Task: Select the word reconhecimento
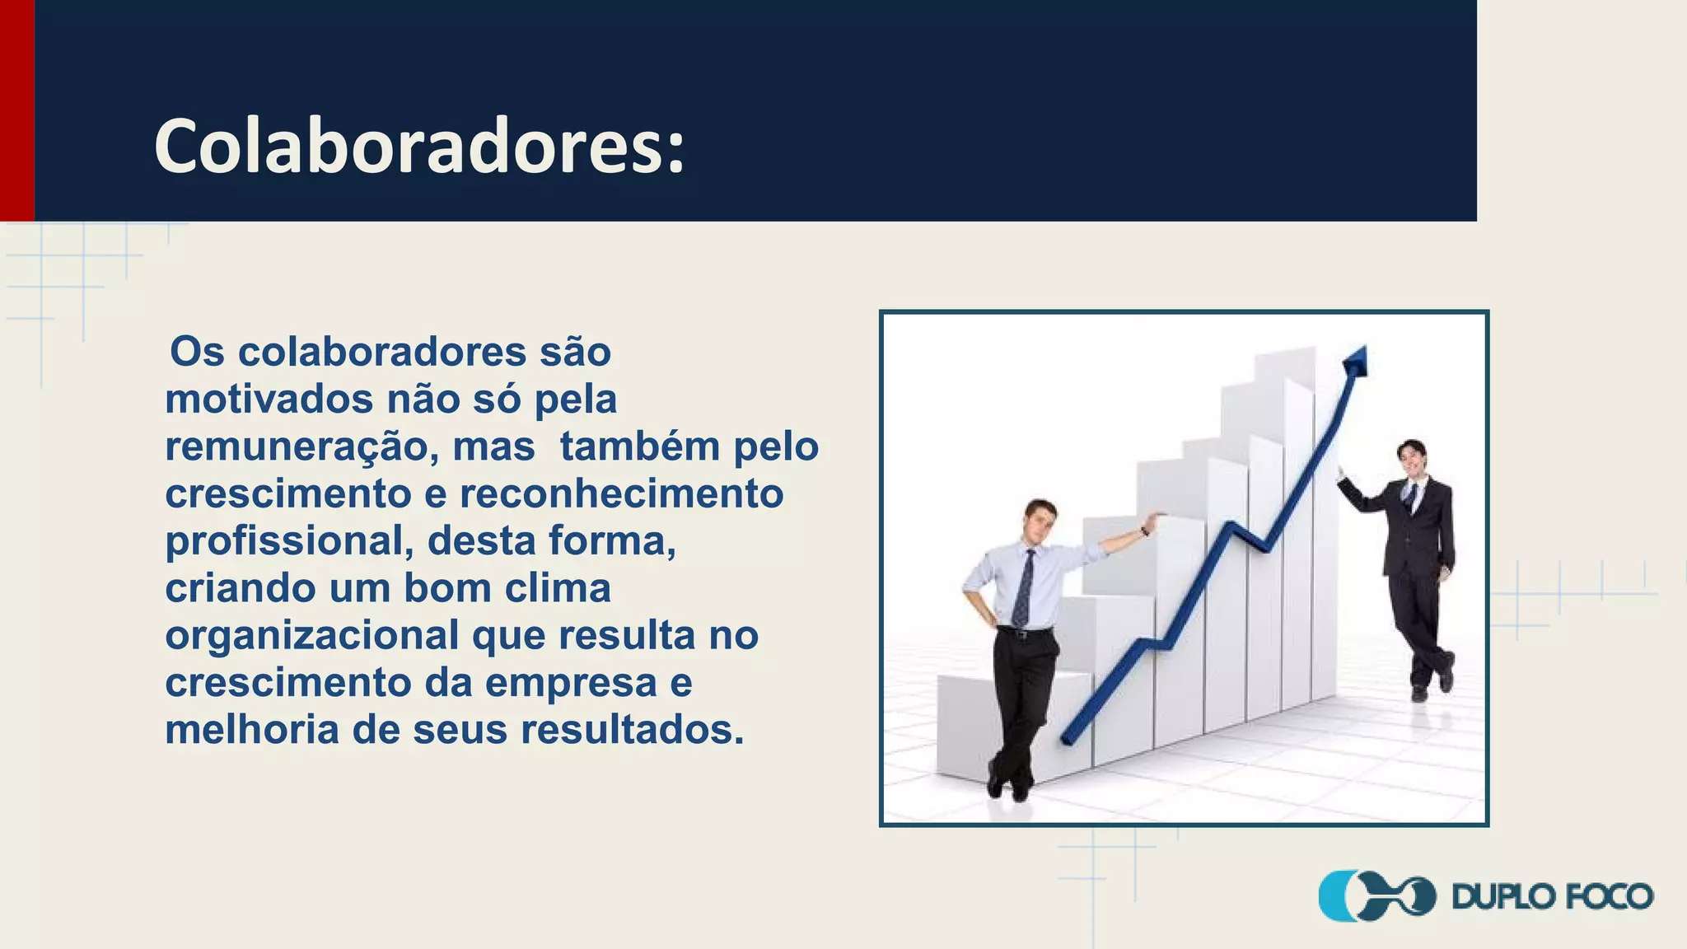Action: (621, 494)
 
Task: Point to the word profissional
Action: (288, 542)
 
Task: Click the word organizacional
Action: (312, 636)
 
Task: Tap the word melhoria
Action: (252, 730)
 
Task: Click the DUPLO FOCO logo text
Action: (1552, 896)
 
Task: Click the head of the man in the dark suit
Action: (1411, 458)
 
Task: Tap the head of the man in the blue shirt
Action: (1040, 519)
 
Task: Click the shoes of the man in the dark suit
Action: (1433, 684)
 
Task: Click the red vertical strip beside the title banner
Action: (16, 110)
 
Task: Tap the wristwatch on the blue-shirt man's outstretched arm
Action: (1145, 531)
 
